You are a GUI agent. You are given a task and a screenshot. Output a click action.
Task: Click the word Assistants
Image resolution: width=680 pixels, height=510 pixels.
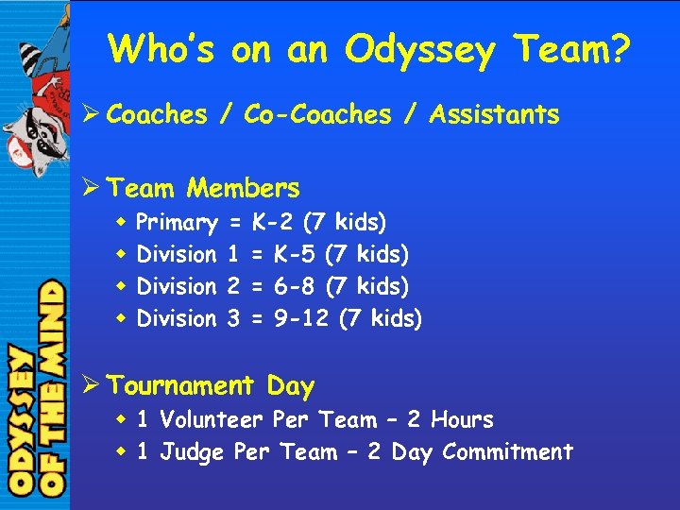pyautogui.click(x=494, y=115)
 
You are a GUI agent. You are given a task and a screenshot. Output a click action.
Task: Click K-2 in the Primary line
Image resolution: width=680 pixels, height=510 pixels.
pyautogui.click(x=272, y=223)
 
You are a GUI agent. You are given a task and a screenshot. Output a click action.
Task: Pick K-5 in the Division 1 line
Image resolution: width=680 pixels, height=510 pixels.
pyautogui.click(x=295, y=254)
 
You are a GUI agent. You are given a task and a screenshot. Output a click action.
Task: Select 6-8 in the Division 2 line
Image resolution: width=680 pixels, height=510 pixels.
pyautogui.click(x=295, y=286)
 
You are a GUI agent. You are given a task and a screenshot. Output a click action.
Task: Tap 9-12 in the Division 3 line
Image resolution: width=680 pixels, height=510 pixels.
pyautogui.click(x=301, y=318)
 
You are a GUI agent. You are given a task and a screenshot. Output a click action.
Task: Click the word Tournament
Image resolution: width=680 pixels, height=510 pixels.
pyautogui.click(x=181, y=385)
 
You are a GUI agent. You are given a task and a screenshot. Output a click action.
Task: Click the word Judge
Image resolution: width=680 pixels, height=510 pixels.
pyautogui.click(x=192, y=452)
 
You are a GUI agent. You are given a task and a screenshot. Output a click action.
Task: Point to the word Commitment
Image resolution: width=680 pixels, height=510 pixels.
pyautogui.click(x=506, y=451)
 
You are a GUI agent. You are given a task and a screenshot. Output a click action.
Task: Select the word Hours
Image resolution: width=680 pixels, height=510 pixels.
pyautogui.click(x=462, y=419)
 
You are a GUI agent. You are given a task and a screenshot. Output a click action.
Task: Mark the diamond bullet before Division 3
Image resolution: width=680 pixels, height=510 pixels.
pyautogui.click(x=122, y=318)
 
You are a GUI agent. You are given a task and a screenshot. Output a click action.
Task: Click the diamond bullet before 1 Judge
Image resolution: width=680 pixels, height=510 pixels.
pyautogui.click(x=122, y=451)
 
